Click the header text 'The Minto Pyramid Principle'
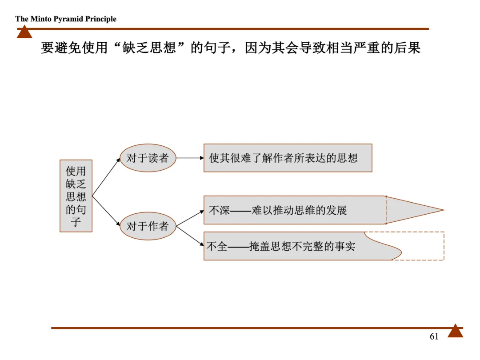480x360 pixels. coord(66,19)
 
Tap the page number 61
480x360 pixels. coord(434,336)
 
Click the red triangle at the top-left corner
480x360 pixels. coord(24,32)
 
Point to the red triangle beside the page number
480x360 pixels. coord(455,332)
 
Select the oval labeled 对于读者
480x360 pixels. coord(148,158)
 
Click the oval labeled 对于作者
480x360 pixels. coord(148,226)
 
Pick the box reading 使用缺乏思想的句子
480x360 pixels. coord(76,196)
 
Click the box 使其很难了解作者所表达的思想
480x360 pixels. coord(288,158)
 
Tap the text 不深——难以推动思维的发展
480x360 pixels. coord(278,210)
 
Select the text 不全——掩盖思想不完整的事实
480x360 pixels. coord(280,246)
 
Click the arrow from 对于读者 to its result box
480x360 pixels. coord(190,158)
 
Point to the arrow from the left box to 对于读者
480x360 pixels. coord(106,177)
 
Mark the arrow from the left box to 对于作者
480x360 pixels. coord(106,211)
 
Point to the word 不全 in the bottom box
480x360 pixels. coord(217,246)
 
